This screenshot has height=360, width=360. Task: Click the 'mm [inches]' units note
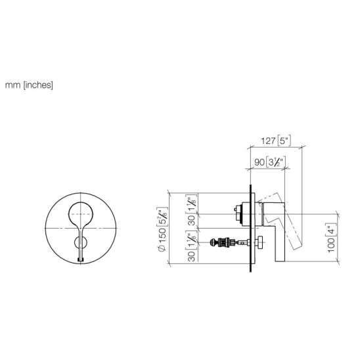click(x=29, y=85)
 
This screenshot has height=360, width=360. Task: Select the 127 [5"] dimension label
click(x=276, y=141)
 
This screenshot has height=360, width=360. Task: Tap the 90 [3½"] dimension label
click(x=270, y=162)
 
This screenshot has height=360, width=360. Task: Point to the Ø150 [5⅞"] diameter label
click(x=163, y=229)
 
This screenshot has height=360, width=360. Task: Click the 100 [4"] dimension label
click(x=331, y=238)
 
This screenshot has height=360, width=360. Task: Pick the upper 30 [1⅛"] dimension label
click(x=191, y=210)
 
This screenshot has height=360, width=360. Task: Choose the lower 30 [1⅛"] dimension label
click(x=191, y=246)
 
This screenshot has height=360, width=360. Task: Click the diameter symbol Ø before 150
click(x=162, y=248)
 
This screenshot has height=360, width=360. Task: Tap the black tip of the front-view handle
click(x=81, y=259)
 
